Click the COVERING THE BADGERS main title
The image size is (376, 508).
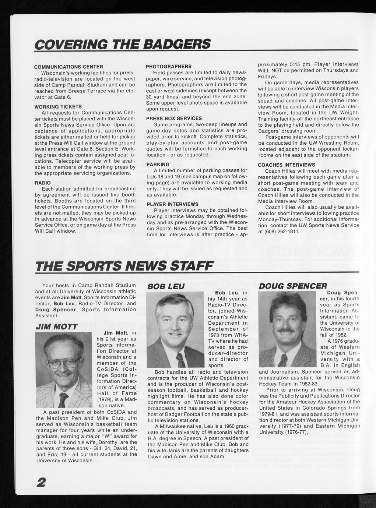tap(122, 44)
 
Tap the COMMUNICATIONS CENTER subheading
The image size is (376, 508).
tap(68, 67)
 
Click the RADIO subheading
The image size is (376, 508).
tap(43, 183)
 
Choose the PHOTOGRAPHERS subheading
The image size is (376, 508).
tap(169, 66)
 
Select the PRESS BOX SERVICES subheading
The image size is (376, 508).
tap(174, 118)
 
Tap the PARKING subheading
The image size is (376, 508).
tap(158, 164)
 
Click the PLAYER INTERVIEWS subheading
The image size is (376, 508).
tap(172, 204)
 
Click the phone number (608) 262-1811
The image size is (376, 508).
tap(279, 232)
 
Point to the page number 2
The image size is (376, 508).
tap(41, 482)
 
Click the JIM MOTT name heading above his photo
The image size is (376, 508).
tap(56, 327)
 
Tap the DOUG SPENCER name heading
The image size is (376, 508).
tap(293, 286)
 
